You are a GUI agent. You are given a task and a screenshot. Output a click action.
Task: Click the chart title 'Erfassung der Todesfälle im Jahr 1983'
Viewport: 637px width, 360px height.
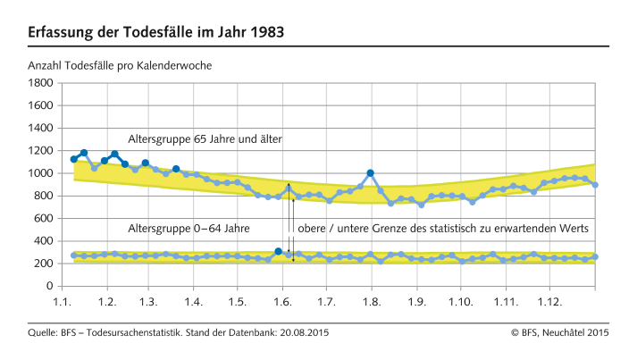click(x=155, y=33)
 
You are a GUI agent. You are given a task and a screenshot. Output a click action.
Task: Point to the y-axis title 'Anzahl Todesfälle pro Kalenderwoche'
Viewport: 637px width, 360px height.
click(x=119, y=65)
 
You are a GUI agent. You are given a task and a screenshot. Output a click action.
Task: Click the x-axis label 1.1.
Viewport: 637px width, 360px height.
click(x=63, y=302)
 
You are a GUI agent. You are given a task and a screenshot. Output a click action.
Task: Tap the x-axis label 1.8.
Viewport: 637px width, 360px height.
click(x=370, y=302)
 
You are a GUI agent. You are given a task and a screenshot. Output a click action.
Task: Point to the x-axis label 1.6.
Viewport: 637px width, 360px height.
click(x=282, y=302)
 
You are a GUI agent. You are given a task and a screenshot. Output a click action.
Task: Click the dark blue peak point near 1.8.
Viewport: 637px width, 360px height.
click(x=371, y=173)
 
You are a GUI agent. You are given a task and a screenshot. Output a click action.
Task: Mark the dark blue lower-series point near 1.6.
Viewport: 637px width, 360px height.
click(x=279, y=252)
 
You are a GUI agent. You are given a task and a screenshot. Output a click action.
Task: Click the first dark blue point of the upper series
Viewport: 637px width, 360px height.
click(x=74, y=159)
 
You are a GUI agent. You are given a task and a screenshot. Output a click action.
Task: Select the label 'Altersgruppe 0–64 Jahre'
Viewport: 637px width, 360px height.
click(x=189, y=229)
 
